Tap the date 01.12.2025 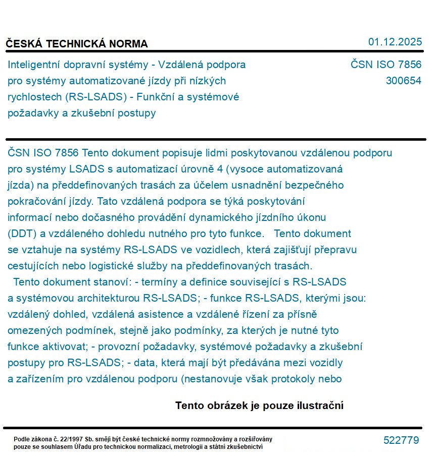pos(395,42)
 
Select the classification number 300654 pos(403,81)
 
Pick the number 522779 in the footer pos(401,440)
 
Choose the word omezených pos(33,330)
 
